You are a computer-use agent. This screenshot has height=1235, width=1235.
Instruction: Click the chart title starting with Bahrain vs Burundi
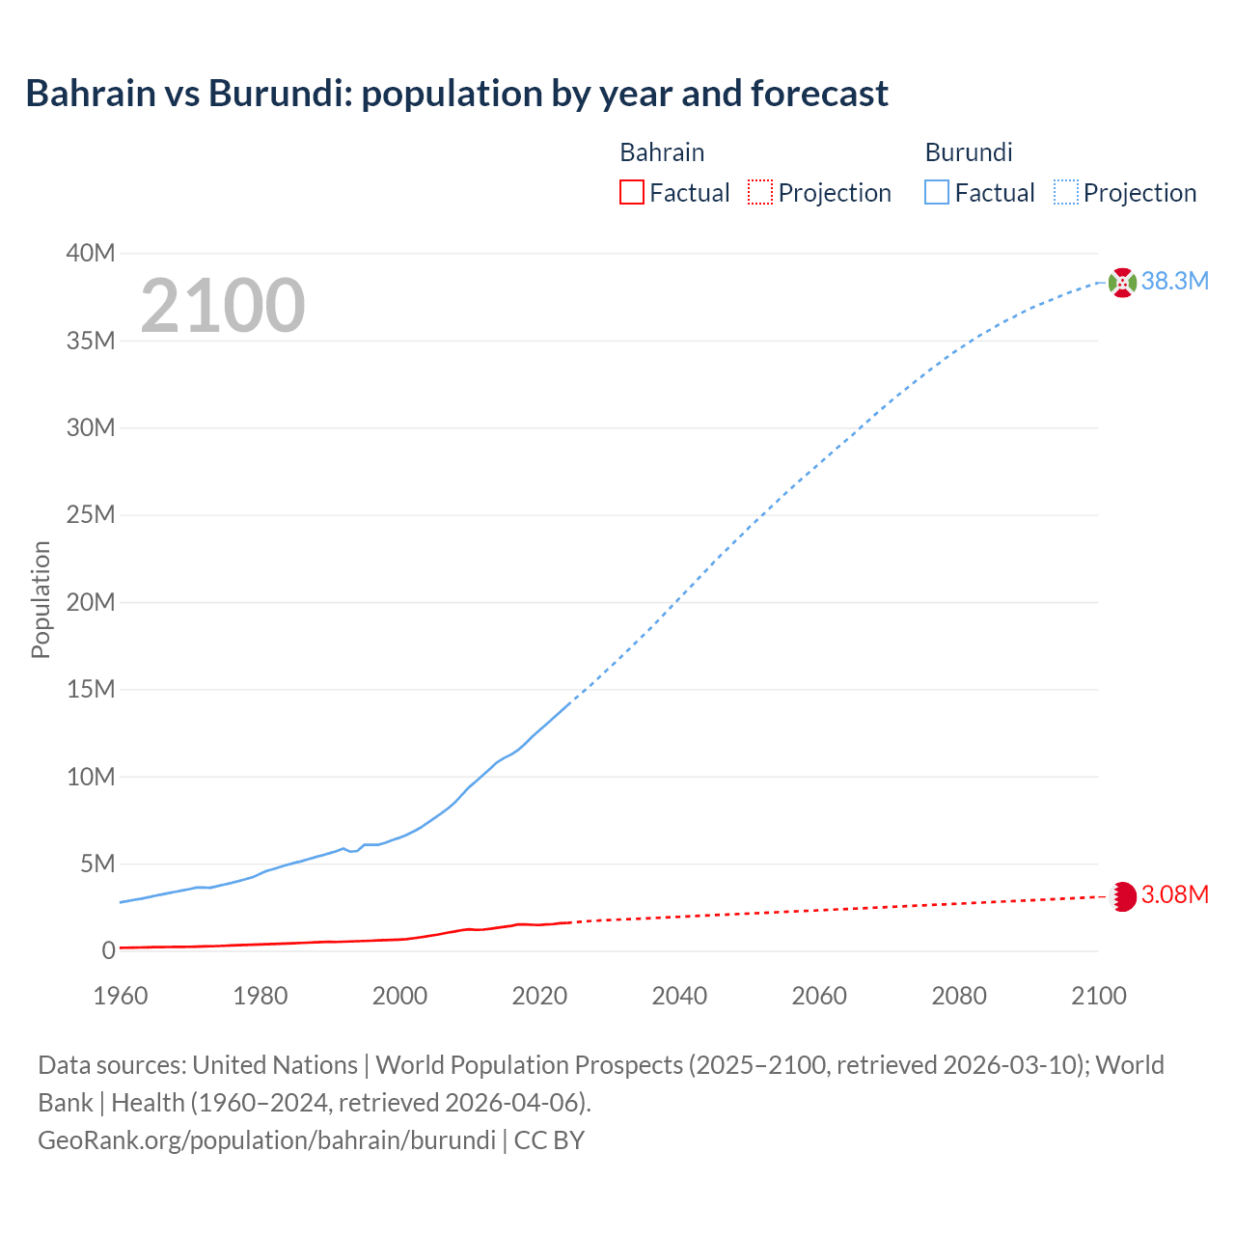456,94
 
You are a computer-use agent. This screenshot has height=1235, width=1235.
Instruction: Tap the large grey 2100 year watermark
223,306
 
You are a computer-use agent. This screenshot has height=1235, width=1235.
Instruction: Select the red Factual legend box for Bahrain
631,192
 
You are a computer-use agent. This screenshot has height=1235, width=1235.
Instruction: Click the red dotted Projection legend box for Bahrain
760,192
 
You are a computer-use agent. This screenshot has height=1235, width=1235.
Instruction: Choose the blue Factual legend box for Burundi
936,192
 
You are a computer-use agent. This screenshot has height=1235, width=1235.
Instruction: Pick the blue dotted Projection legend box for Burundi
1065,192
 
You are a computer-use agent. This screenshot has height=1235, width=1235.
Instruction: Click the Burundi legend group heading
968,152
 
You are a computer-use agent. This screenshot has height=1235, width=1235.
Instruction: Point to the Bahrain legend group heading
662,152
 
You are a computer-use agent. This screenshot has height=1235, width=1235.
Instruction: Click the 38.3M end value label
1174,281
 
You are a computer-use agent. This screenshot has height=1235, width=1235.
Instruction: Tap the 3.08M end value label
1174,894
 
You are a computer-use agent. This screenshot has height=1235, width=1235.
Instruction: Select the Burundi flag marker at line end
1122,283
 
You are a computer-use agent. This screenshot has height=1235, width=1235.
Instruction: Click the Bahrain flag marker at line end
1123,896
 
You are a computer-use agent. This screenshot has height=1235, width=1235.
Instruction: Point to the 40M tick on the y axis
91,253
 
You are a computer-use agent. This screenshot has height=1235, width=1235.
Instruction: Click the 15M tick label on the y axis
91,689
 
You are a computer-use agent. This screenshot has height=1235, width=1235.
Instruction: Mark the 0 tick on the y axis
108,950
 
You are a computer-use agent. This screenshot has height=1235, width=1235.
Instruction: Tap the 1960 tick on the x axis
121,996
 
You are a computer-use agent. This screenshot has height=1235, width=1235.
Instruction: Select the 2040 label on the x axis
679,996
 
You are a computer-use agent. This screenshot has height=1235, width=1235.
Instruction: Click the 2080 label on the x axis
959,996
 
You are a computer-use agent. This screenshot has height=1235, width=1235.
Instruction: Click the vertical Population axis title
41,599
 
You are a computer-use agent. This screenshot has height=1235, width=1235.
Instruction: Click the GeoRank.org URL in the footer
266,1139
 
